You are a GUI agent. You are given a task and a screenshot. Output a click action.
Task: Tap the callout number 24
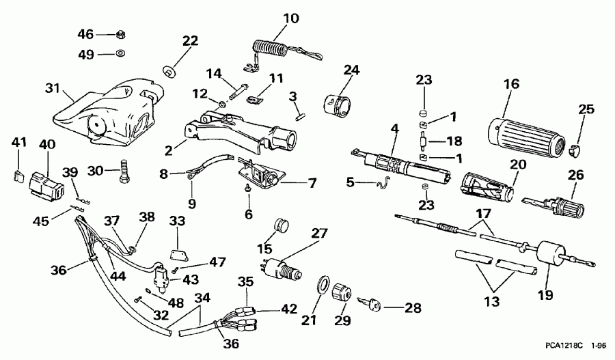(x=351, y=70)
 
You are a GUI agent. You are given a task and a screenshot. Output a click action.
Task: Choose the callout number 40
(x=46, y=144)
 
